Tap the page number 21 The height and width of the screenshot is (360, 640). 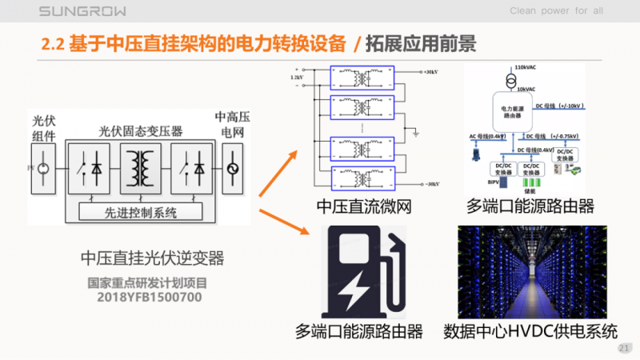pyautogui.click(x=625, y=349)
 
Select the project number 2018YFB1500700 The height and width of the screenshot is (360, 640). pyautogui.click(x=145, y=297)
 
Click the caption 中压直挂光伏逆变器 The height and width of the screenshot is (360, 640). pyautogui.click(x=152, y=258)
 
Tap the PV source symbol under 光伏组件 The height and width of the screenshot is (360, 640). pyautogui.click(x=43, y=169)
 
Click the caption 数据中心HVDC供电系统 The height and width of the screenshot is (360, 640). pyautogui.click(x=531, y=330)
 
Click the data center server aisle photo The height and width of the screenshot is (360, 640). pyautogui.click(x=531, y=271)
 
